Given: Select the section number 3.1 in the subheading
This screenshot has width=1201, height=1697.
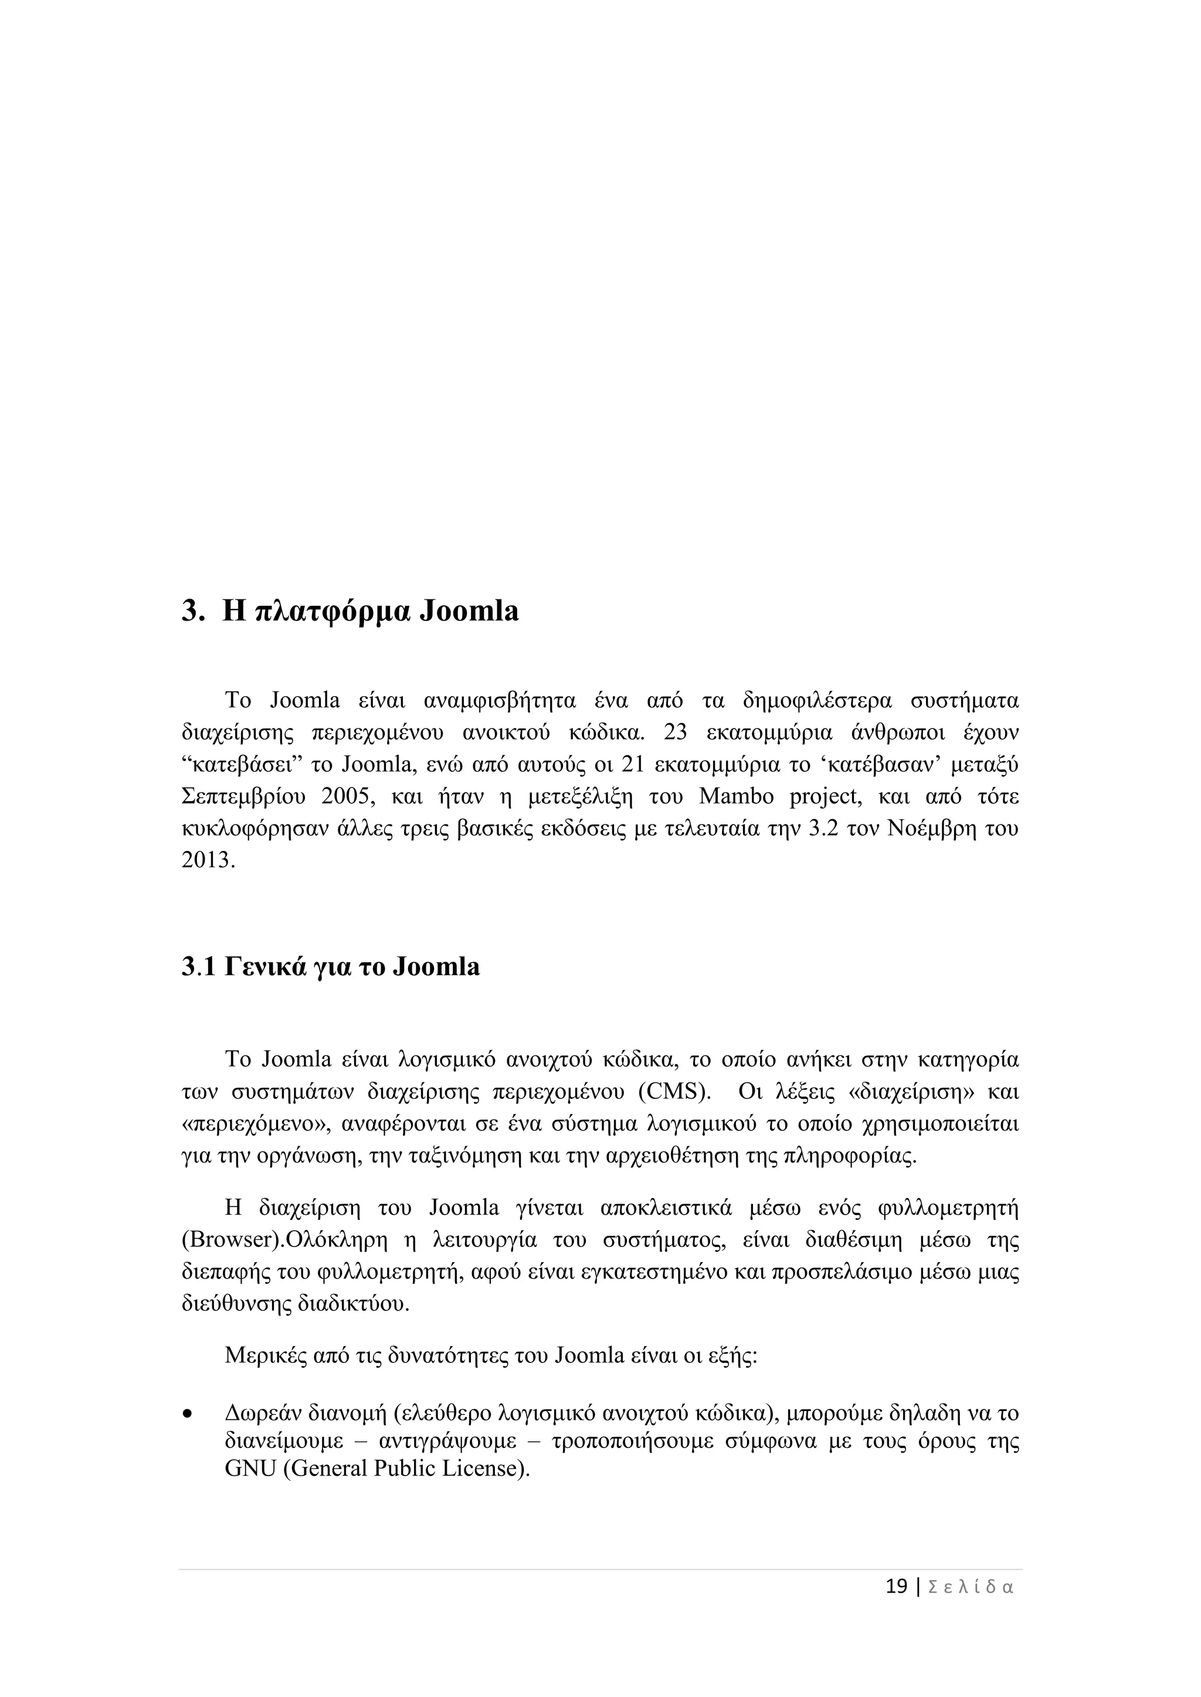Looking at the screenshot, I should click(x=198, y=967).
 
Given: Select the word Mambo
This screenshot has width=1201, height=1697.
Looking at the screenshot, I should click(x=736, y=797).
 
